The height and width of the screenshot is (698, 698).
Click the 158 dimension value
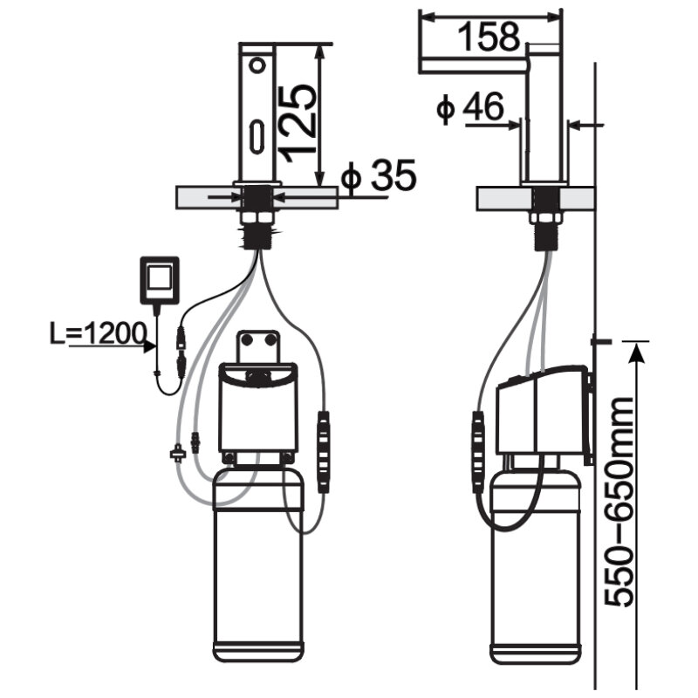point(489,37)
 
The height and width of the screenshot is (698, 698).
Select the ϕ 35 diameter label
point(379,175)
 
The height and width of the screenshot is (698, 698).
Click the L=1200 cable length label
point(98,333)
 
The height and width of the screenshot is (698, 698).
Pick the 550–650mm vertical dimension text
point(619,501)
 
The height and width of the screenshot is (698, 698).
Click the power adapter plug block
point(160,280)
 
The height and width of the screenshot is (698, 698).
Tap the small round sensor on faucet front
point(257,65)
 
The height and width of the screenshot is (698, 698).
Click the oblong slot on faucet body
point(257,137)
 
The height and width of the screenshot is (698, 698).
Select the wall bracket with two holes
point(258,346)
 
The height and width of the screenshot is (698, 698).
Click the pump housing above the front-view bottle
point(257,407)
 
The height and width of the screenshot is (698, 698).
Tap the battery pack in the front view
point(324,452)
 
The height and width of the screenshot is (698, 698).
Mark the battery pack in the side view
point(478,452)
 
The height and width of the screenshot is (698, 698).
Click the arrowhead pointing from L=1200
point(149,346)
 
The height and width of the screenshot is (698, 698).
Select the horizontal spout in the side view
point(475,65)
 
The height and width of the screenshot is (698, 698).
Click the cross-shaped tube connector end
point(177,454)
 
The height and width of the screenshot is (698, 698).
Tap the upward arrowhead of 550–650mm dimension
point(637,352)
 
